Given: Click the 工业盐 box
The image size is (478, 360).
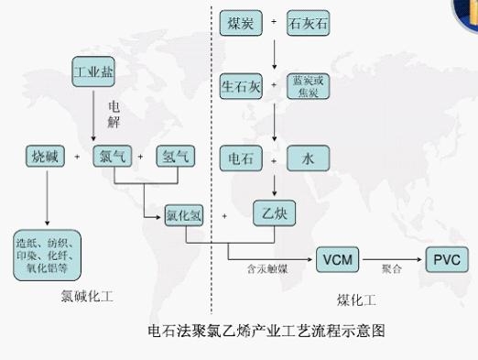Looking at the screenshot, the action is pyautogui.click(x=92, y=71).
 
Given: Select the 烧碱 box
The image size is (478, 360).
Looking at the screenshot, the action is pyautogui.click(x=45, y=157).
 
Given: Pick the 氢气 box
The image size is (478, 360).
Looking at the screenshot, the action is pyautogui.click(x=175, y=157).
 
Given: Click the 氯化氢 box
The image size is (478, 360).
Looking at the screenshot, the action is pyautogui.click(x=184, y=218).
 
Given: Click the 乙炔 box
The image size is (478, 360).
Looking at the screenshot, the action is pyautogui.click(x=275, y=215).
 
